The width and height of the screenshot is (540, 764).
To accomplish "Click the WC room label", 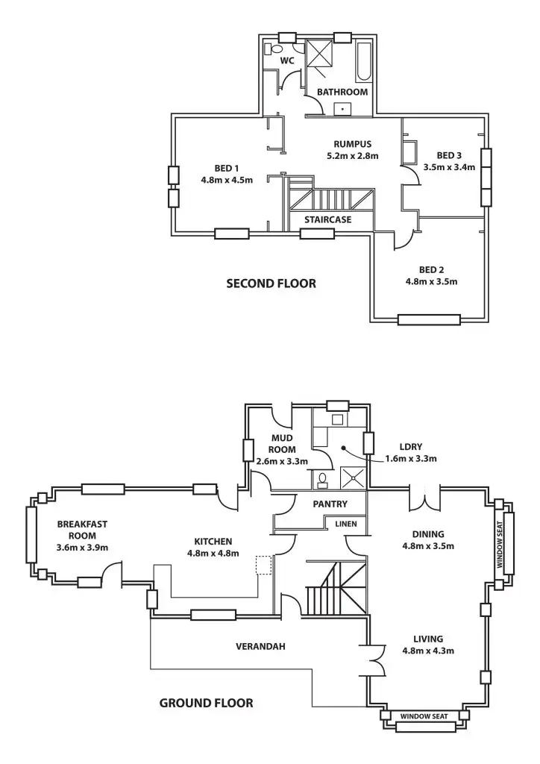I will pos(287,60).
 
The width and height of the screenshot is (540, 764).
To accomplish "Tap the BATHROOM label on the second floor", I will pos(342,92).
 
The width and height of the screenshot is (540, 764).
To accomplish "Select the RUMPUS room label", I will pos(353,144).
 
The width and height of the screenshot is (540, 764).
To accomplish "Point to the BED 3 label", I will pos(449,155).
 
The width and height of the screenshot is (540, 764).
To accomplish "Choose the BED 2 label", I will pos(431,269).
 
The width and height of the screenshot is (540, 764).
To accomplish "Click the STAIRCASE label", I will pos(327,219).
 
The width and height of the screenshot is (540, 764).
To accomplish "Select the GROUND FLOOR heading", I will pos(206,702).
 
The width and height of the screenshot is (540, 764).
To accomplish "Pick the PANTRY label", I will pos(330,504).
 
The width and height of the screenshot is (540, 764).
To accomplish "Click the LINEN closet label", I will pos(345,524).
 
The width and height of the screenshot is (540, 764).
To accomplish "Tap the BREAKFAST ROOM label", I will pos(82,530).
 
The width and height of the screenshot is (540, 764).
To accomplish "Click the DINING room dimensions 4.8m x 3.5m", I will pos(428,545).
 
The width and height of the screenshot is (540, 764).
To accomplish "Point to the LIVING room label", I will pos(428,639).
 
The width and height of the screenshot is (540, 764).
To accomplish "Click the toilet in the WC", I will pos(271,48).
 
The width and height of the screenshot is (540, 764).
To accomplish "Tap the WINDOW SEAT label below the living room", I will pos(424,717).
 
